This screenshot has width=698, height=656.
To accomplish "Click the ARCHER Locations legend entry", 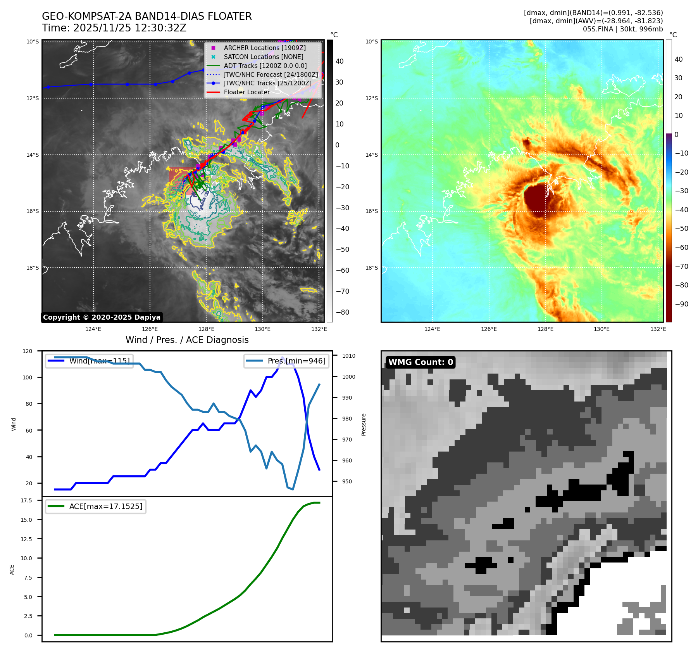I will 265,48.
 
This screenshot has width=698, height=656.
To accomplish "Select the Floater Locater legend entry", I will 246,92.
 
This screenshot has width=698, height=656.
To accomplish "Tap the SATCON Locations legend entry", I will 264,57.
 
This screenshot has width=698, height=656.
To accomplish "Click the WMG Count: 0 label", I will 421,362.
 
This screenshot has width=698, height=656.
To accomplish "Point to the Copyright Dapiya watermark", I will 102,317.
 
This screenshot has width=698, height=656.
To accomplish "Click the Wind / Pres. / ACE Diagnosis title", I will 187,340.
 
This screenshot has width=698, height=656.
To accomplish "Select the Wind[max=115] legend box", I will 89,361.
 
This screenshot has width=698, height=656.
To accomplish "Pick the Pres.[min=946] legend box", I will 286,361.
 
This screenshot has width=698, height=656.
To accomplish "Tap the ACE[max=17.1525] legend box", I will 96,506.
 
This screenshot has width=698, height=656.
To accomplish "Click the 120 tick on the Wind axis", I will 28,351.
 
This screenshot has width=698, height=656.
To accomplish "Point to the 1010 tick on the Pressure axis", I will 349,356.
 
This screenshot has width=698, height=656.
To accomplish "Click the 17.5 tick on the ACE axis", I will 26,500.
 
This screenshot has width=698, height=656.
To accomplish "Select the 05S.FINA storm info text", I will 622,29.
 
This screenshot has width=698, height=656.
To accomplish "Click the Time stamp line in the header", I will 114,28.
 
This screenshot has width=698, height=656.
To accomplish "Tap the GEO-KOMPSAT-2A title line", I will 146,16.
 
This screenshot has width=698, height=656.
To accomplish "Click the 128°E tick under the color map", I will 545,329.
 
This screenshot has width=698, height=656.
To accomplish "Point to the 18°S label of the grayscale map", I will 33,268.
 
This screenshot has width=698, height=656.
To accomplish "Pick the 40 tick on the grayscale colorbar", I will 339,61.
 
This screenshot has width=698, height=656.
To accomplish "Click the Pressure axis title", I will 364,424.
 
